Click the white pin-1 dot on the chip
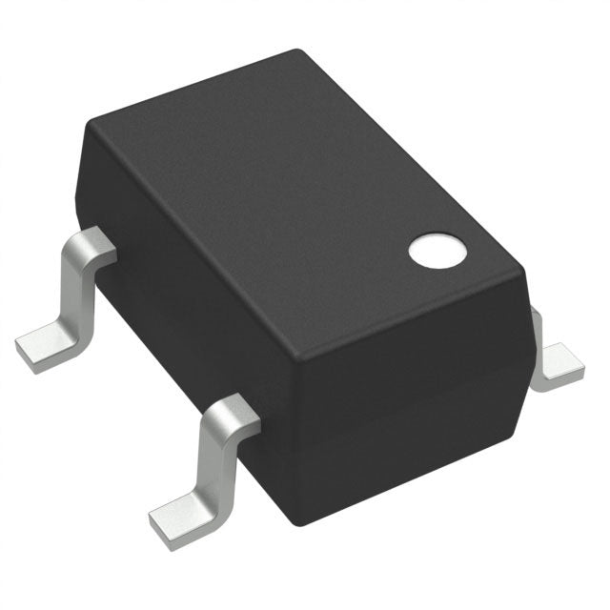point(438,250)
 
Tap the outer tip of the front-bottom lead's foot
point(157,526)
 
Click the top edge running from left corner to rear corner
point(191,88)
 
